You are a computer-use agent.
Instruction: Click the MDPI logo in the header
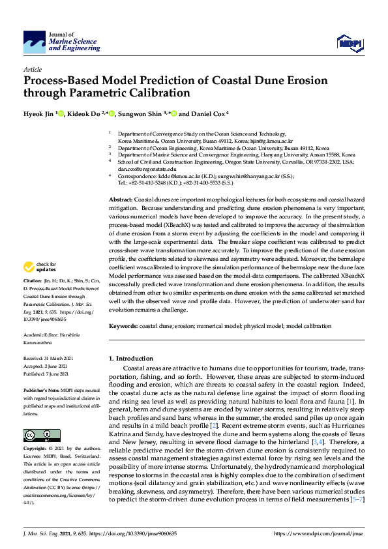349,43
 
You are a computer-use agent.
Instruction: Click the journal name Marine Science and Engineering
73,45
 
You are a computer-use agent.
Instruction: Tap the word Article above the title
32,69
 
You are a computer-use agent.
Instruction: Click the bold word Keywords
122,325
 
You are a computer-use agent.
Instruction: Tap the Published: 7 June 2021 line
50,374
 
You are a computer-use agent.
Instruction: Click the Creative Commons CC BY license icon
33,435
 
